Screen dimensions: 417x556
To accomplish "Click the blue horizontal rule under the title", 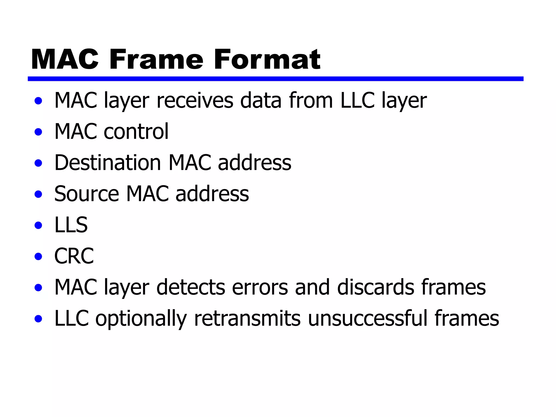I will pos(275,79).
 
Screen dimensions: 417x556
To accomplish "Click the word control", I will pos(136,132).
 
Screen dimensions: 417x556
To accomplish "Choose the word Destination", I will pos(108,163).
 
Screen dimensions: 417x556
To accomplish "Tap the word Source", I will pos(87,194).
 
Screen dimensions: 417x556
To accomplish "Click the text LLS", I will pos(71,225).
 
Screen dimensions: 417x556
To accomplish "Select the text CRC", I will pos(74,256).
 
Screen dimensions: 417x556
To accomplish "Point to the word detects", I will pos(191,287).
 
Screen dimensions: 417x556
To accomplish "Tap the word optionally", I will pos(141,319).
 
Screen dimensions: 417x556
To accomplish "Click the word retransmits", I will pos(247,318).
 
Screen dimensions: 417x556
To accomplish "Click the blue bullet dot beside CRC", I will pos(39,257).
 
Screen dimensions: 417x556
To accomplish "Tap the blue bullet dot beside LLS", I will pos(39,225).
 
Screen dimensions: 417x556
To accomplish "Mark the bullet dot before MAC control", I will pos(39,132).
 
